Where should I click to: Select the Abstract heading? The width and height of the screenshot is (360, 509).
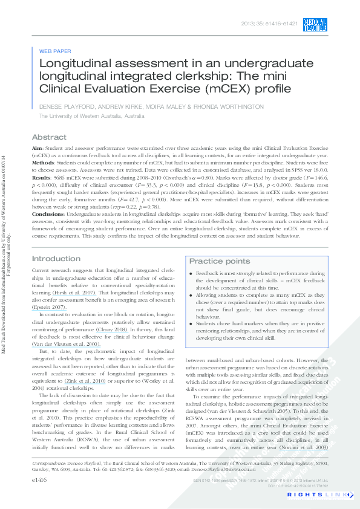point(50,137)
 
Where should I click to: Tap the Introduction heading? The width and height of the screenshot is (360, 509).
point(56,259)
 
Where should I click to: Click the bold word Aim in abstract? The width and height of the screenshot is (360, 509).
point(37,148)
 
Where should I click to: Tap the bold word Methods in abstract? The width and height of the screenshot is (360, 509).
point(43,162)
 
